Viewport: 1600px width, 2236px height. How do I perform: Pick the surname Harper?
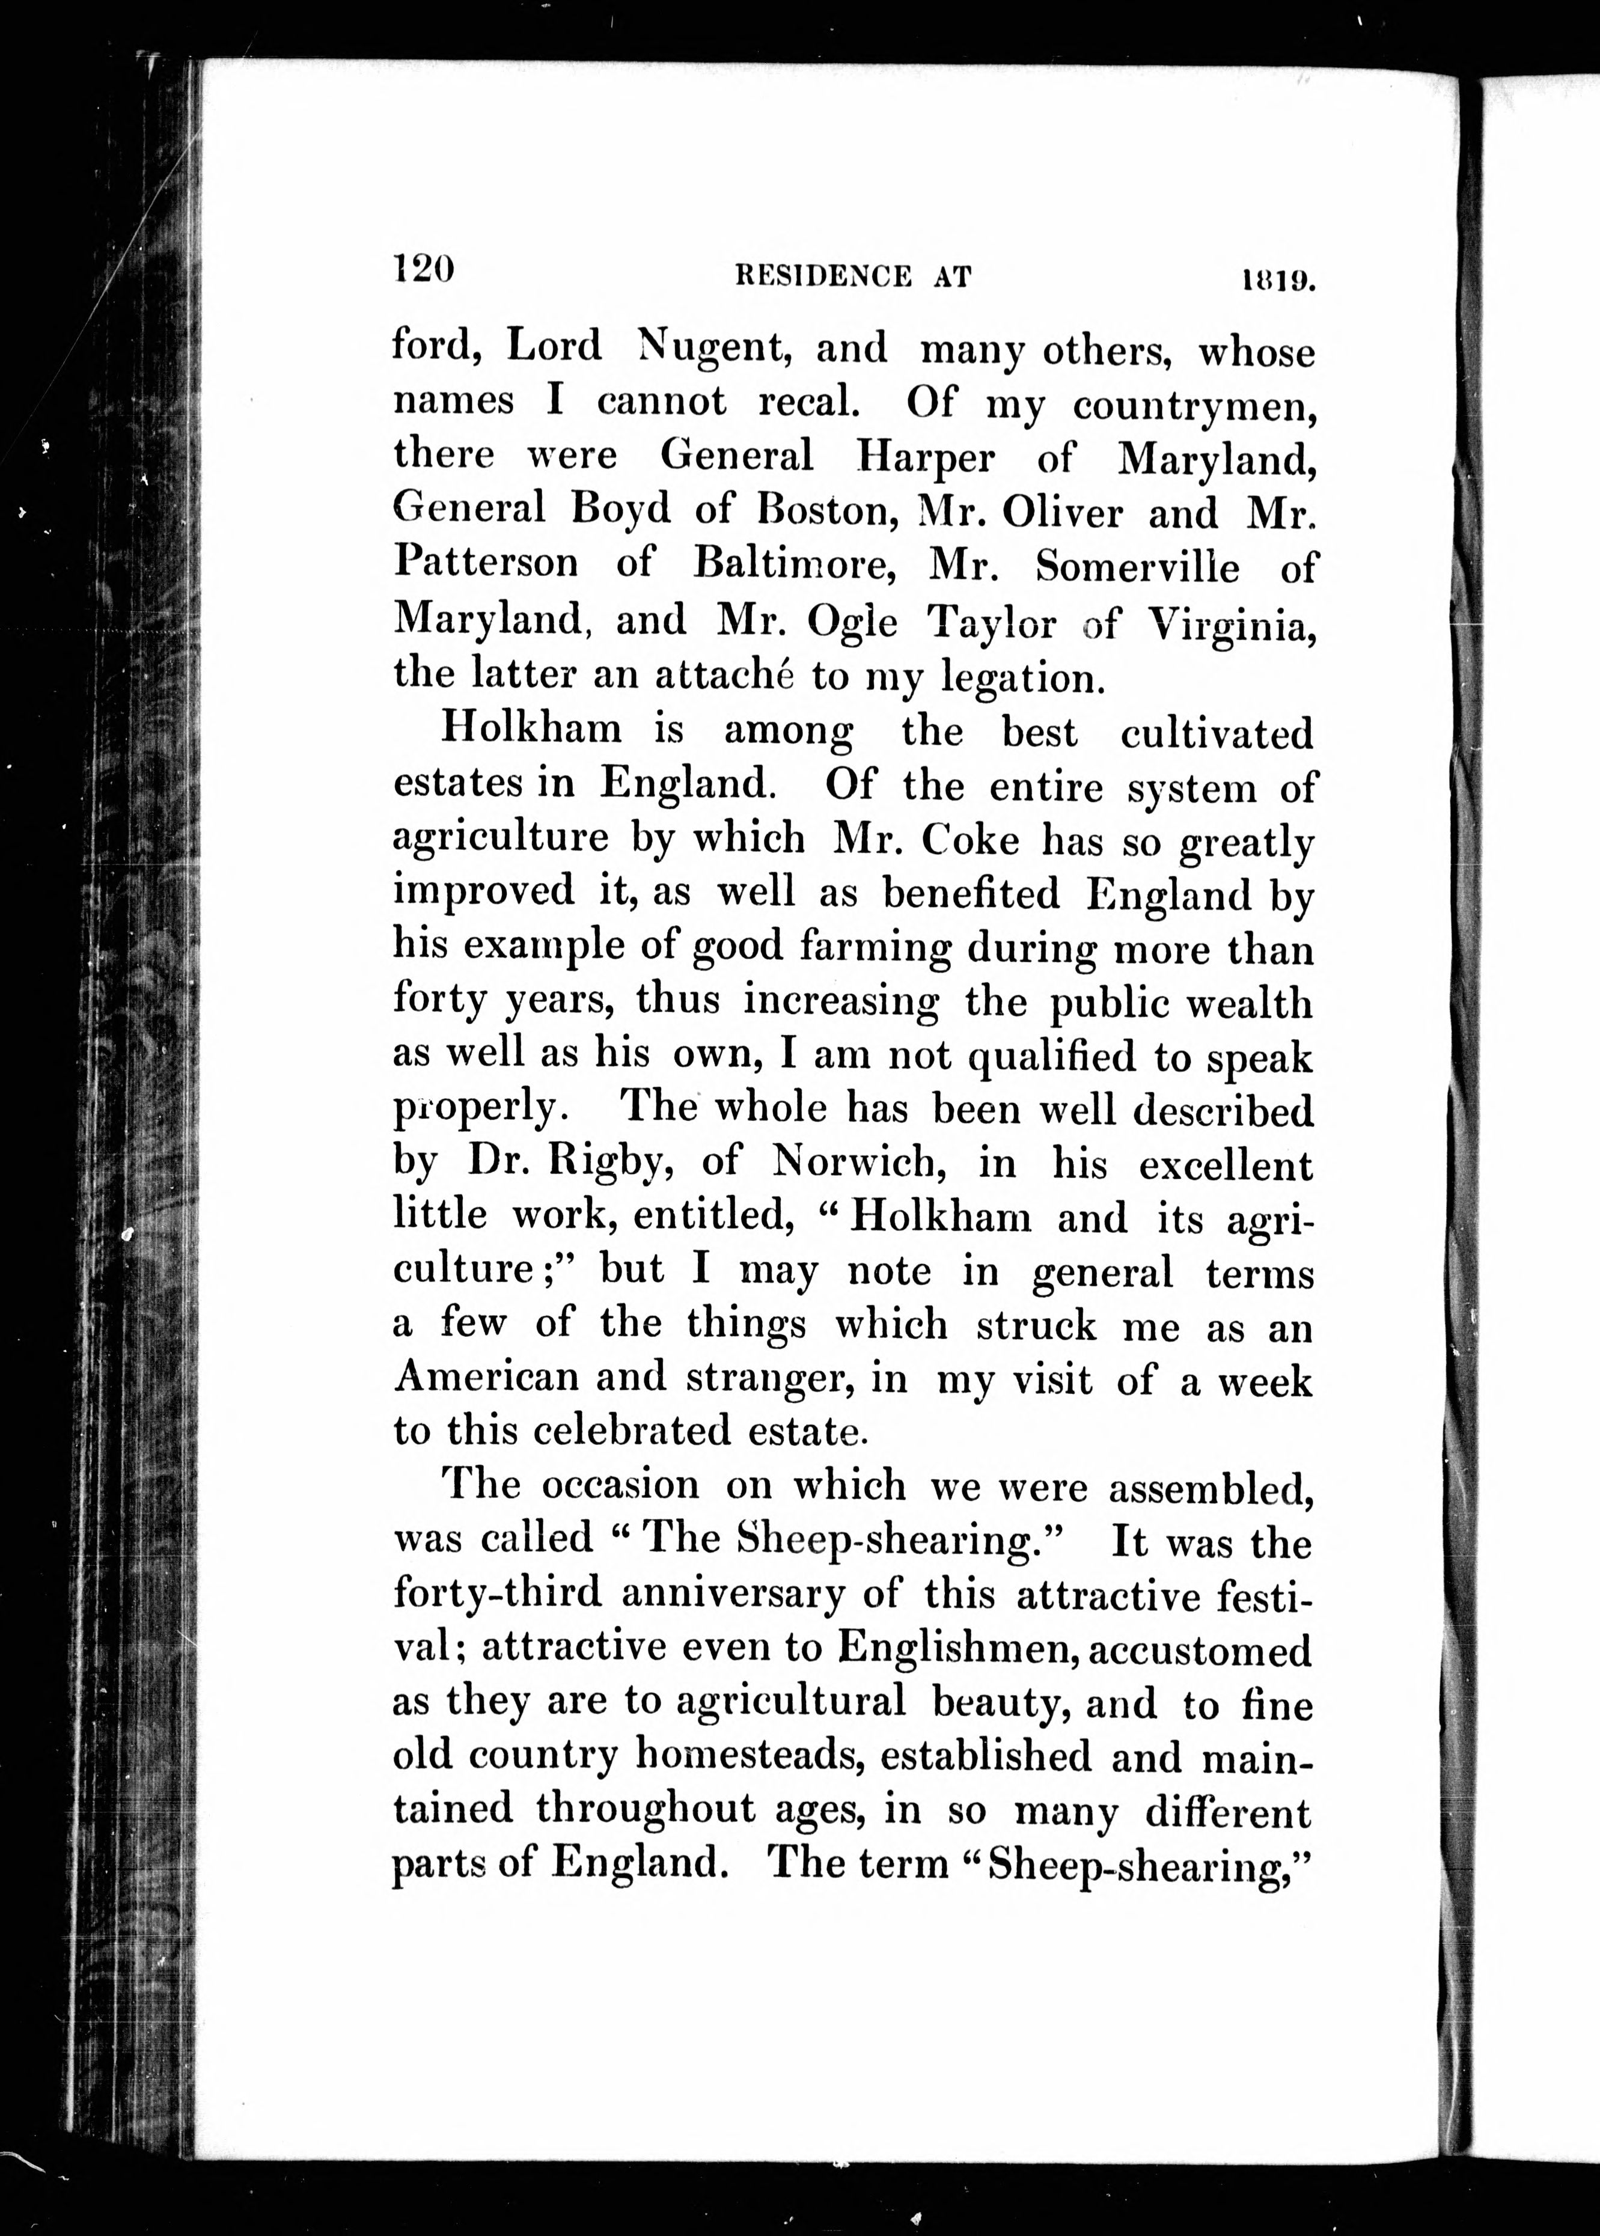[x=926, y=457]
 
